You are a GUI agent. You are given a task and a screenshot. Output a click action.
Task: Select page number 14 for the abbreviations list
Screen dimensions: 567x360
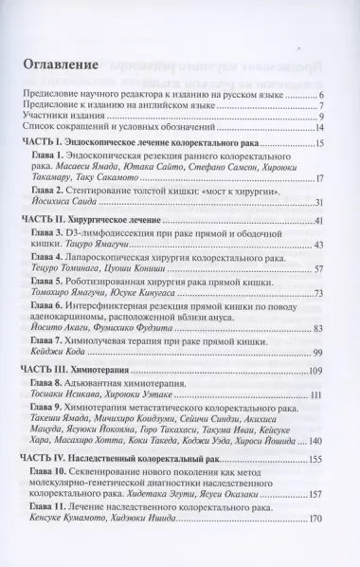click(319, 128)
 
